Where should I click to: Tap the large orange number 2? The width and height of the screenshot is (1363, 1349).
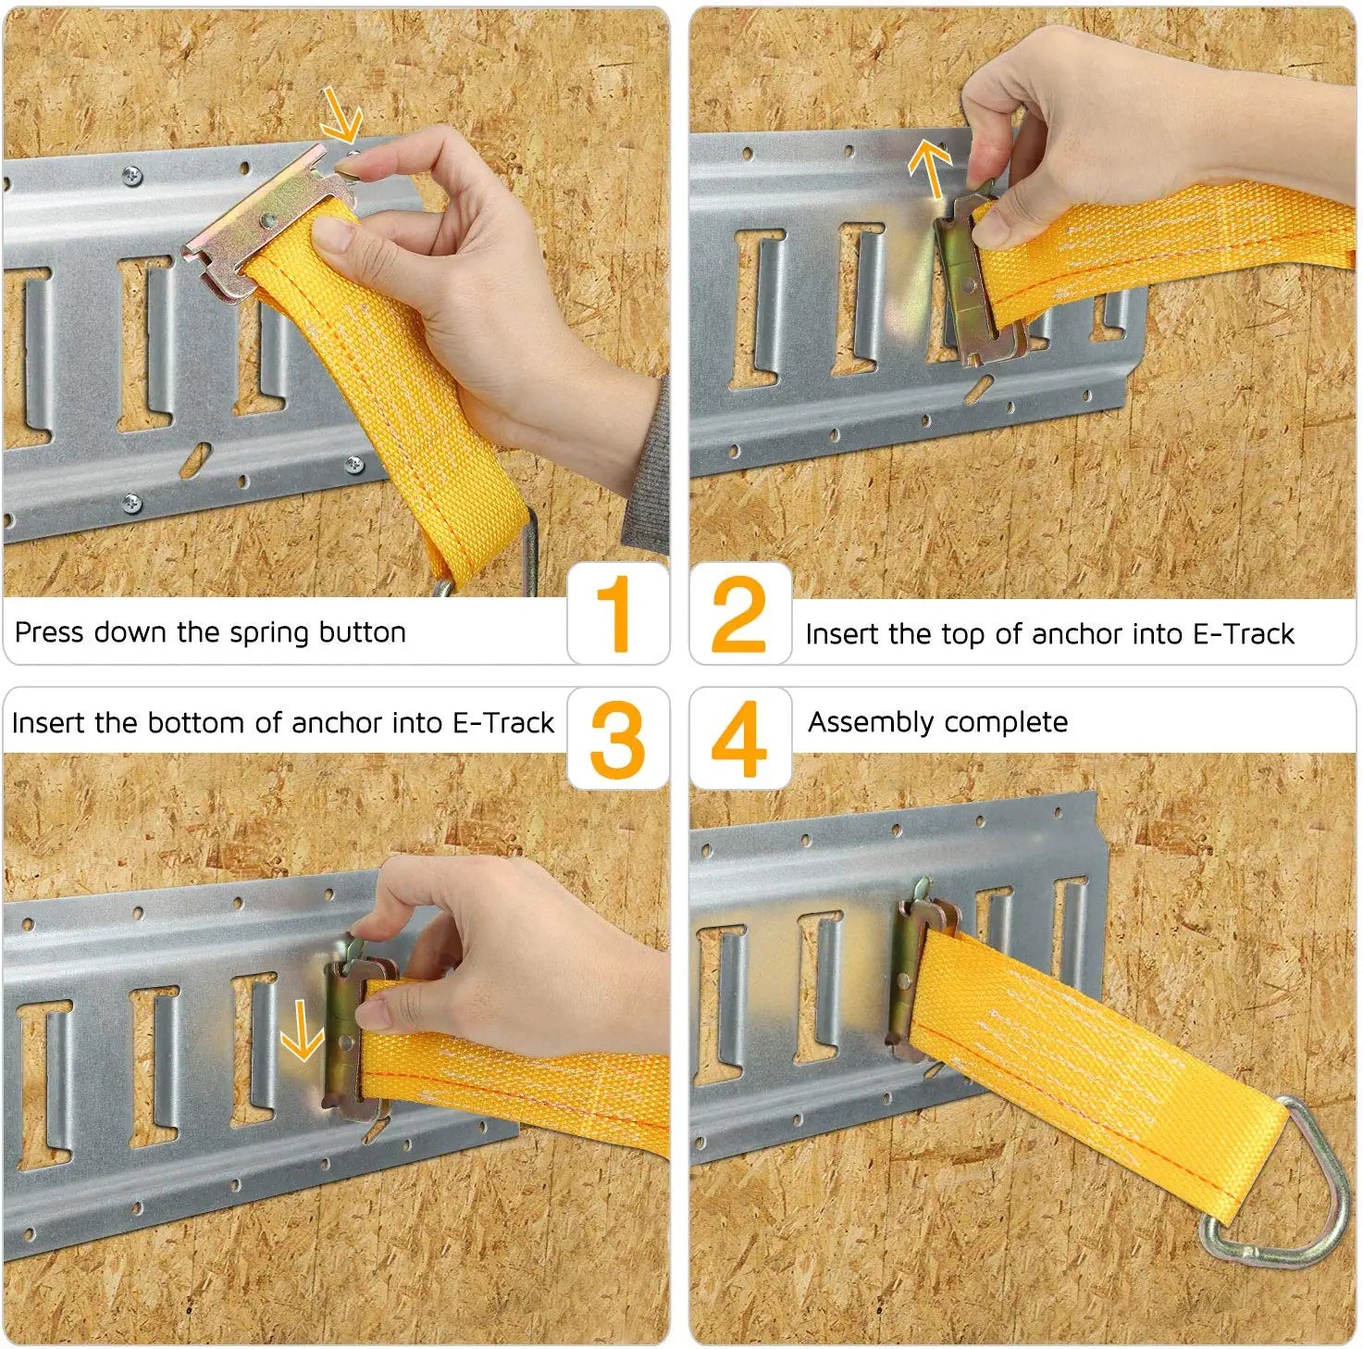[738, 613]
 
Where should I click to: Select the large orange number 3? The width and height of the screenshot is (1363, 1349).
[617, 740]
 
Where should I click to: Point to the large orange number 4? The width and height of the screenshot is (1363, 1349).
[738, 740]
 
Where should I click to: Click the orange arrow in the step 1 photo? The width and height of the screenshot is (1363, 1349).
[341, 113]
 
